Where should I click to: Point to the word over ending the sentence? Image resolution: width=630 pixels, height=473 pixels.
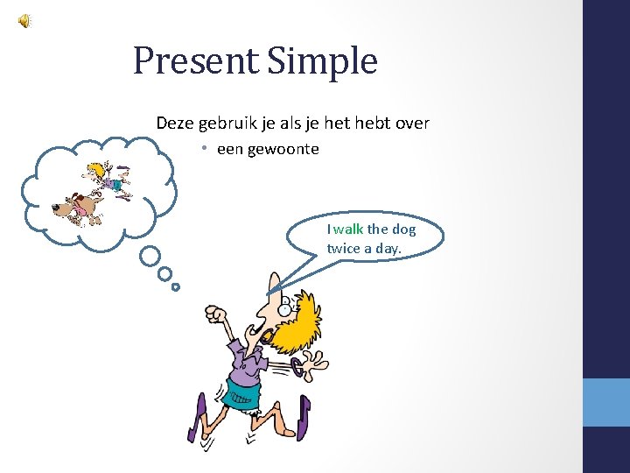coord(412,124)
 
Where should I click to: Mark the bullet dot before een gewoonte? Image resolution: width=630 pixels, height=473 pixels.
coord(201,149)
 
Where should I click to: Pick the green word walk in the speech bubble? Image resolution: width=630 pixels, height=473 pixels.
coord(349,229)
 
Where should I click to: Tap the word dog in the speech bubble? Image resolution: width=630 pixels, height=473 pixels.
coord(403,229)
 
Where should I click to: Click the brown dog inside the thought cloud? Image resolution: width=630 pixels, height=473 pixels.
coord(77,207)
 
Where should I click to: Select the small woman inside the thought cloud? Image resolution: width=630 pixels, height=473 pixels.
coord(110,180)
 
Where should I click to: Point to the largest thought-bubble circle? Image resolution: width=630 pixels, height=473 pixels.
coord(150,256)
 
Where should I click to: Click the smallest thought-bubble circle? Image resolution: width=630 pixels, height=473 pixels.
coord(176,286)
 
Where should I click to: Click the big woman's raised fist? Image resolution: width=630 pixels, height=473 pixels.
coord(214,313)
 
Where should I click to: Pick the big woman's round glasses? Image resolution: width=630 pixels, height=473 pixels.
coord(282,307)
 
